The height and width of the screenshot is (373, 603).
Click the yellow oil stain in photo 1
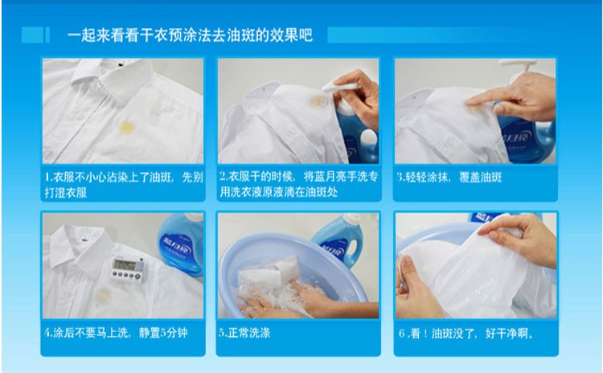126,128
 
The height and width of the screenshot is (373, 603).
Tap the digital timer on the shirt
127,268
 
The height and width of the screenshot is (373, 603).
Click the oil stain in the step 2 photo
319,100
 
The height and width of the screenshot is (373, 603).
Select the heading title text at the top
190,35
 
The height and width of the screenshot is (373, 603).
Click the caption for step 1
124,185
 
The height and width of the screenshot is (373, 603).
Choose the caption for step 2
299,184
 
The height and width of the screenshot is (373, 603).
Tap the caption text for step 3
449,178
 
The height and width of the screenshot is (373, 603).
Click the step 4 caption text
116,333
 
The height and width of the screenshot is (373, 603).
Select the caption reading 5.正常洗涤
244,333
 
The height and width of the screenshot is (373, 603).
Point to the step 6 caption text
466,334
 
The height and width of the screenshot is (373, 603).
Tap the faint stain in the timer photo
103,295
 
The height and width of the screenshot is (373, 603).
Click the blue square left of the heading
32,35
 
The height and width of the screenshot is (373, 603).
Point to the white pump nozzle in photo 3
516,67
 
